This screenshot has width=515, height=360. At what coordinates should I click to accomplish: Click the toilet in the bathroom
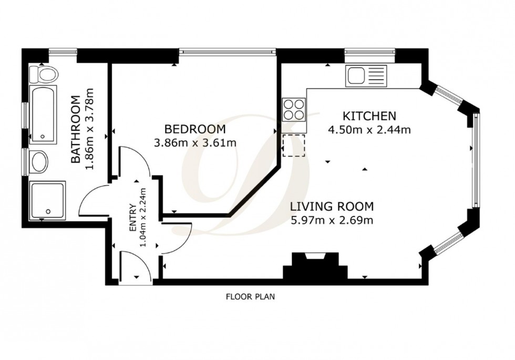pyautogui.click(x=43, y=74)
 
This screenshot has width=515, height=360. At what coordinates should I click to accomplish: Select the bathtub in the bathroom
pyautogui.click(x=42, y=115)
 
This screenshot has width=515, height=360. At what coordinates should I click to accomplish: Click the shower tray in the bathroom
pyautogui.click(x=47, y=200)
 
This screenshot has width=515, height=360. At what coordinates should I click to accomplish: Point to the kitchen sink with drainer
pyautogui.click(x=365, y=76)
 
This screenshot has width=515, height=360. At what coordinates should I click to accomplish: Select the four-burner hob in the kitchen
pyautogui.click(x=294, y=110)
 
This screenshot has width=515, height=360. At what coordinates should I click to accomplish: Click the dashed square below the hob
pyautogui.click(x=293, y=146)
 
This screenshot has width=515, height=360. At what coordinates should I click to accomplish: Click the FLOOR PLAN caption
pyautogui.click(x=250, y=296)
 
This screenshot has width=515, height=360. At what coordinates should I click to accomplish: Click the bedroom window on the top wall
pyautogui.click(x=226, y=52)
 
